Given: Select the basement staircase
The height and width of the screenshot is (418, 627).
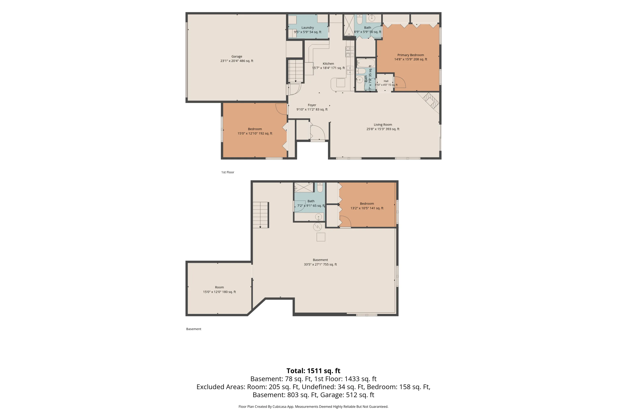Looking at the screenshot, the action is pos(260,215).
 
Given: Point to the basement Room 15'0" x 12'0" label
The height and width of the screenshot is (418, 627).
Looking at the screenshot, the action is pos(219,289).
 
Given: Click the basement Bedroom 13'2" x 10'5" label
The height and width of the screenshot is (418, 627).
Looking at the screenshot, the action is pos(367,206).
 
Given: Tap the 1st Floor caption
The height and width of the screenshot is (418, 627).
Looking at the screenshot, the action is pos(228,172).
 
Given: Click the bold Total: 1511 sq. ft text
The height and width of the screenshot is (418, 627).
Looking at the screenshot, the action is pos(313,371).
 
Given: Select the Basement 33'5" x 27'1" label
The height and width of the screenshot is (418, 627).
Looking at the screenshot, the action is pos(320,262).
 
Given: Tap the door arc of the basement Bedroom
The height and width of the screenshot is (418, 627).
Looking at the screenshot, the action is pos(345,221).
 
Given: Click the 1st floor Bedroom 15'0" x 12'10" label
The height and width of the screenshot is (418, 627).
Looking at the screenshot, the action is pos(255,131).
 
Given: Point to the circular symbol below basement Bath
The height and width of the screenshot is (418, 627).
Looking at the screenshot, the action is pos(317,227).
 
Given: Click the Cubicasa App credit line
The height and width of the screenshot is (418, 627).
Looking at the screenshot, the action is pos(313,407).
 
